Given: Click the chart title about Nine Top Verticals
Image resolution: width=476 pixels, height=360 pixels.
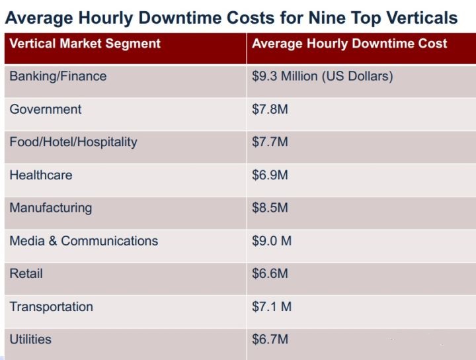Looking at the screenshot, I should point(231,17).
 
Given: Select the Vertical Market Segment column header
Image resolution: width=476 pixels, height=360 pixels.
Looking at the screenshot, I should point(85,44).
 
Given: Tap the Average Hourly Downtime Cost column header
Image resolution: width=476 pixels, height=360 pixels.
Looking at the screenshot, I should point(349,44).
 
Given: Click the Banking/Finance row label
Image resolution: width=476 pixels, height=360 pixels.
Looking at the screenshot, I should point(58,76).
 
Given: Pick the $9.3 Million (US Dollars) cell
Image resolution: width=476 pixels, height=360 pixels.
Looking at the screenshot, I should point(323,76).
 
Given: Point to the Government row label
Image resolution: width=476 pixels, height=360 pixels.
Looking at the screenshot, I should point(46,109).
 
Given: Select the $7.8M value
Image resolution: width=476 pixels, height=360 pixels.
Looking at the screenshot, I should point(270,109).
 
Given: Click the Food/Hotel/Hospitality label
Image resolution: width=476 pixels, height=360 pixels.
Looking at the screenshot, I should point(73,142).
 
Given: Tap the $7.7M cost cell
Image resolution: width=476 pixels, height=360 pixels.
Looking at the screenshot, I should point(270,142).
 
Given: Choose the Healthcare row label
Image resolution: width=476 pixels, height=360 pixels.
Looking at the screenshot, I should point(41,175).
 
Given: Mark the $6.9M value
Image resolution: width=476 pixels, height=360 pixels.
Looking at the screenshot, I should point(270,175).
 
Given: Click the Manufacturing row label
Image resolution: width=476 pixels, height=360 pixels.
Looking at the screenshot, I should point(51,208).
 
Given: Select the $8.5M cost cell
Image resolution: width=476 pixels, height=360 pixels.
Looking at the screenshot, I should point(270,208).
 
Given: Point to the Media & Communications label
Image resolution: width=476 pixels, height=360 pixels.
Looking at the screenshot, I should point(84,241).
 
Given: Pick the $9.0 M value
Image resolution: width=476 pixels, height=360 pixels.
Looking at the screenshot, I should point(272,241).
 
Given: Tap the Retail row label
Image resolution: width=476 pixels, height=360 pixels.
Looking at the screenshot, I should point(26,273).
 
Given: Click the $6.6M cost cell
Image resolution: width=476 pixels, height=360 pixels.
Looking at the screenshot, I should point(270,273).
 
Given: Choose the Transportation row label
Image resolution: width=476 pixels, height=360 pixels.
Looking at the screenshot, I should point(51,306).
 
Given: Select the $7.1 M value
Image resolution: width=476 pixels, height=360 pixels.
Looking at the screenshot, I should point(272,306).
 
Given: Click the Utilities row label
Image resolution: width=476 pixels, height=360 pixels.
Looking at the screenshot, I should point(30,339).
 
